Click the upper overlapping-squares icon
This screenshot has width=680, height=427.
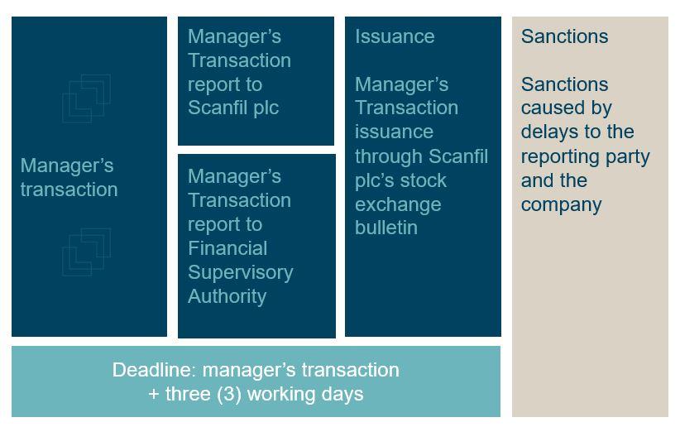coord(87,98)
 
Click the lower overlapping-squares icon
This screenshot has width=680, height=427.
coord(87,252)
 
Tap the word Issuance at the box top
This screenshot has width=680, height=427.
coord(395,36)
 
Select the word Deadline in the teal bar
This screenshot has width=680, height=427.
coord(154,370)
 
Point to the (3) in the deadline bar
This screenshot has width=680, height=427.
coord(229,395)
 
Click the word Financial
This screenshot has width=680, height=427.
coord(227,248)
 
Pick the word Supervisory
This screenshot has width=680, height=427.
coord(241,273)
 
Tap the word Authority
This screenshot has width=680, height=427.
coord(227,297)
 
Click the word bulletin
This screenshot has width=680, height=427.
coord(386,228)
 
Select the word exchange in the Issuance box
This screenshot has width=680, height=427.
coord(398,204)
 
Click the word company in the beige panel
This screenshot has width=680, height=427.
coord(561,205)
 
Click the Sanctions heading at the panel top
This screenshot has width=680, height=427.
coord(565,36)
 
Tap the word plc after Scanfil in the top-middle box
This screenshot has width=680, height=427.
coord(266,108)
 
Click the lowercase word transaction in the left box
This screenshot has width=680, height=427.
coord(69,190)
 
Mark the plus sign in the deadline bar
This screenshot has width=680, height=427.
coord(154,395)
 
